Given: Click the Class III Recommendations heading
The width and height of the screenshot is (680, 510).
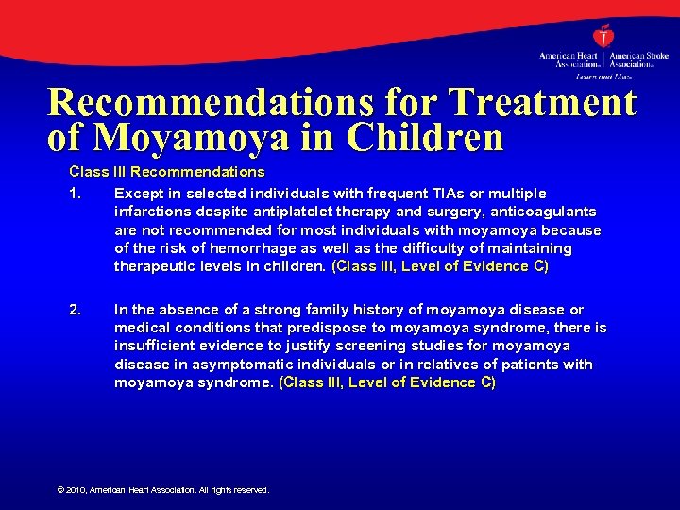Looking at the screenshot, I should click(x=166, y=172).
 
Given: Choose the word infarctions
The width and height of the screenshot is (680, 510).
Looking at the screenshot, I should click(x=152, y=212).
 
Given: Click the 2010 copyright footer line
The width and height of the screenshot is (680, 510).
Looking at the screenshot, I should click(x=163, y=490).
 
